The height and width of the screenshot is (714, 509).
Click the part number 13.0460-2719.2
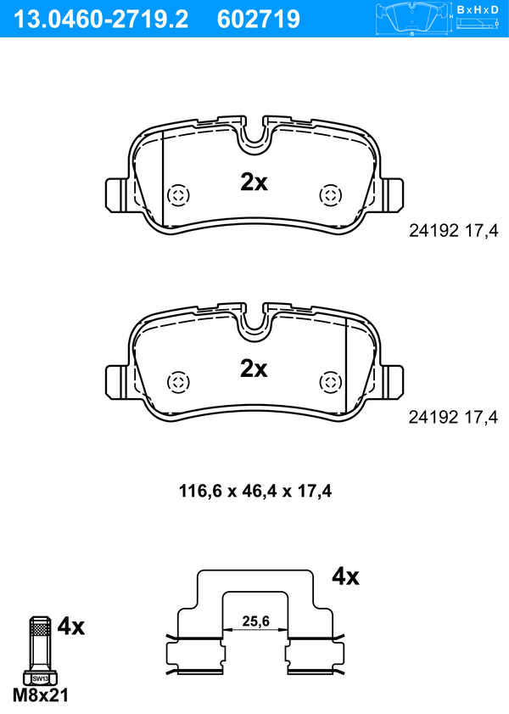101,20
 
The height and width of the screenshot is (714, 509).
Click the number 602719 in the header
259,20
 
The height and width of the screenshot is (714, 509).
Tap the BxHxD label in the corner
478,9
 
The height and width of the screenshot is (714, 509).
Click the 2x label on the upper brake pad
254,183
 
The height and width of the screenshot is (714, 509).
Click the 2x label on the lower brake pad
254,368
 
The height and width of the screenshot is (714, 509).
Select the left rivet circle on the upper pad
178,196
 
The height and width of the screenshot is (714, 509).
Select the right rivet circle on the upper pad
330,196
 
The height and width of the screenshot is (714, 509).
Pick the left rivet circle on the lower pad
178,382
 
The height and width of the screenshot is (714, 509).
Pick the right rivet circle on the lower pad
330,382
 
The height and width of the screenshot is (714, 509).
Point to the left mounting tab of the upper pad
115,195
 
